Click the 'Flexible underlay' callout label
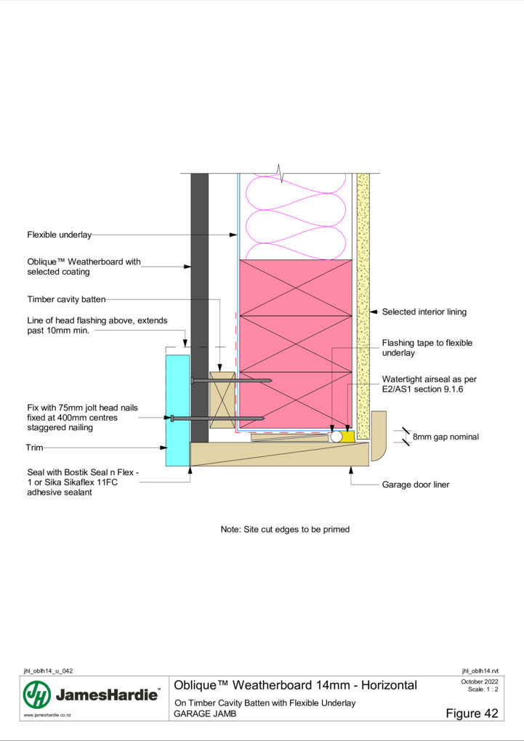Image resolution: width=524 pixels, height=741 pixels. click(x=59, y=235)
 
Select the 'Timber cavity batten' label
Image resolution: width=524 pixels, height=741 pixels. click(x=66, y=299)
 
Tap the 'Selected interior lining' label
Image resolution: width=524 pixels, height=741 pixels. click(x=424, y=312)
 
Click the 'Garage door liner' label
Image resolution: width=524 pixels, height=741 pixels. click(x=416, y=485)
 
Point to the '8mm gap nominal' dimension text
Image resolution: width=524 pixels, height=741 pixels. click(x=446, y=437)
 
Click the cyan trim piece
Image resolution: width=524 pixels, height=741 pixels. click(x=177, y=410)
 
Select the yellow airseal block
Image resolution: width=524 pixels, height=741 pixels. click(x=349, y=436)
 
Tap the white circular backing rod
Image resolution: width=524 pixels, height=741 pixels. click(x=336, y=436)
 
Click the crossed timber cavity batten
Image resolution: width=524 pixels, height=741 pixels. click(x=222, y=400)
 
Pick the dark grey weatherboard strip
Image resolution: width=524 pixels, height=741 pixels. click(x=200, y=307)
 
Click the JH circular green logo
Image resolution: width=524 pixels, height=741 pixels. click(x=37, y=695)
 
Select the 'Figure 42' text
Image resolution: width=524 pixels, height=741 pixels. click(x=472, y=713)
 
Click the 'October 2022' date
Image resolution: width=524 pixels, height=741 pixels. click(x=480, y=681)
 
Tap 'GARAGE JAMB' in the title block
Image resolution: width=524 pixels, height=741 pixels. click(x=205, y=713)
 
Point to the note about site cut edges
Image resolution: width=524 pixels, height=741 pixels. click(x=285, y=530)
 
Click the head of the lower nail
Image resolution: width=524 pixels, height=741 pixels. click(x=172, y=418)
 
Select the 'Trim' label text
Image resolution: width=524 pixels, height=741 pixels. click(x=34, y=448)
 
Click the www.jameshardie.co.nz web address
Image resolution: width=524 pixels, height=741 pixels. click(x=47, y=715)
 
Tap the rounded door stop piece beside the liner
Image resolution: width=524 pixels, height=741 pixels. click(x=379, y=436)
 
